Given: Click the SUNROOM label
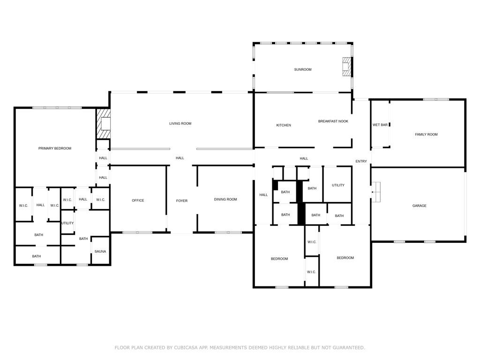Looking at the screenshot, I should pyautogui.click(x=302, y=69).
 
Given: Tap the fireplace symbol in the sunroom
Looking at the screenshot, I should pyautogui.click(x=346, y=67).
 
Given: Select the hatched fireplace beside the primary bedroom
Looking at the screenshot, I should pyautogui.click(x=103, y=124).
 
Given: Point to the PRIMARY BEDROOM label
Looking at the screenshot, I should pyautogui.click(x=55, y=148).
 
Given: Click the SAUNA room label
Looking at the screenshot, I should pyautogui.click(x=100, y=251).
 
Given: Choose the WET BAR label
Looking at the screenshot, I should pyautogui.click(x=380, y=125).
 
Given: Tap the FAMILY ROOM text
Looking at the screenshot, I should pyautogui.click(x=426, y=135).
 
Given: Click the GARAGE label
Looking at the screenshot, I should pyautogui.click(x=419, y=205).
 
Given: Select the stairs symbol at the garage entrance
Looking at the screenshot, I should pyautogui.click(x=376, y=192).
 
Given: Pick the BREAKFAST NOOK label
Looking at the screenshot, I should pyautogui.click(x=333, y=121).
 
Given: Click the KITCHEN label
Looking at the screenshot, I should pyautogui.click(x=283, y=125).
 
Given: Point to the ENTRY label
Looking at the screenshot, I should pyautogui.click(x=361, y=161).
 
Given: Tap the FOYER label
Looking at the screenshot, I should pyautogui.click(x=181, y=201).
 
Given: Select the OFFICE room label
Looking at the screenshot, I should pyautogui.click(x=138, y=200).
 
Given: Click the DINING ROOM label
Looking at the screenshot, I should pyautogui.click(x=225, y=199).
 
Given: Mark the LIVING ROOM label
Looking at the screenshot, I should pyautogui.click(x=180, y=123).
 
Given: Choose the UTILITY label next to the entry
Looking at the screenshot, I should pyautogui.click(x=338, y=185).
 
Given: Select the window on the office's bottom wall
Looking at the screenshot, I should pyautogui.click(x=137, y=232).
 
